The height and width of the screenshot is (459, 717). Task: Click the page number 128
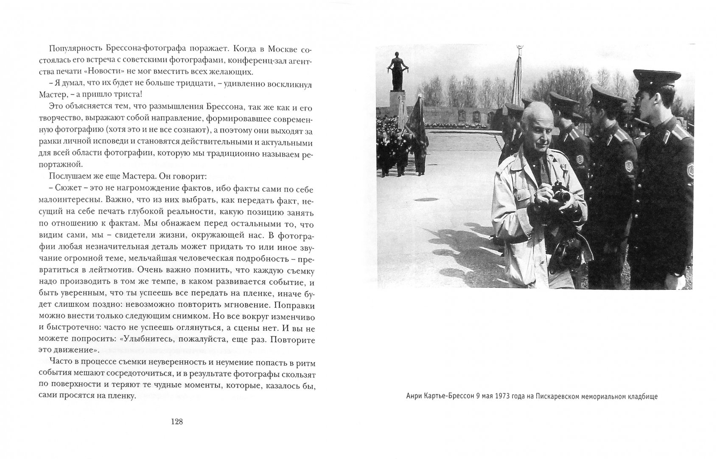coord(176,422)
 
